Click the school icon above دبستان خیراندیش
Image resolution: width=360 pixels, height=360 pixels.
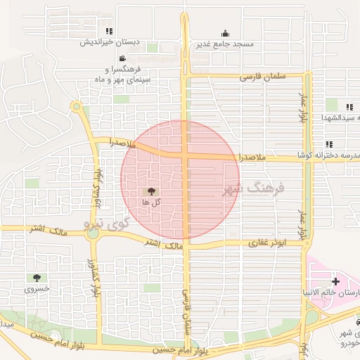(x=108, y=31)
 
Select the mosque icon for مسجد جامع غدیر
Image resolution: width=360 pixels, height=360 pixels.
(x=225, y=33)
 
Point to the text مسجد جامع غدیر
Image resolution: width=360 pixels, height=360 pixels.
(x=225, y=44)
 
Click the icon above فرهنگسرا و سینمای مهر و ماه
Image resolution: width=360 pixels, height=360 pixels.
(x=123, y=58)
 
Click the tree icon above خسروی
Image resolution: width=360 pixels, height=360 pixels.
(x=37, y=278)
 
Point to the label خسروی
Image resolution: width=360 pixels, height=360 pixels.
(x=37, y=289)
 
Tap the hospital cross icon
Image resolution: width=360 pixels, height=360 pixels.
(x=335, y=281)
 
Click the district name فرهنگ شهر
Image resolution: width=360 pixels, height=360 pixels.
(x=252, y=188)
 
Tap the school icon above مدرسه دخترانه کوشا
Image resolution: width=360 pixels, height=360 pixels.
(x=329, y=144)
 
